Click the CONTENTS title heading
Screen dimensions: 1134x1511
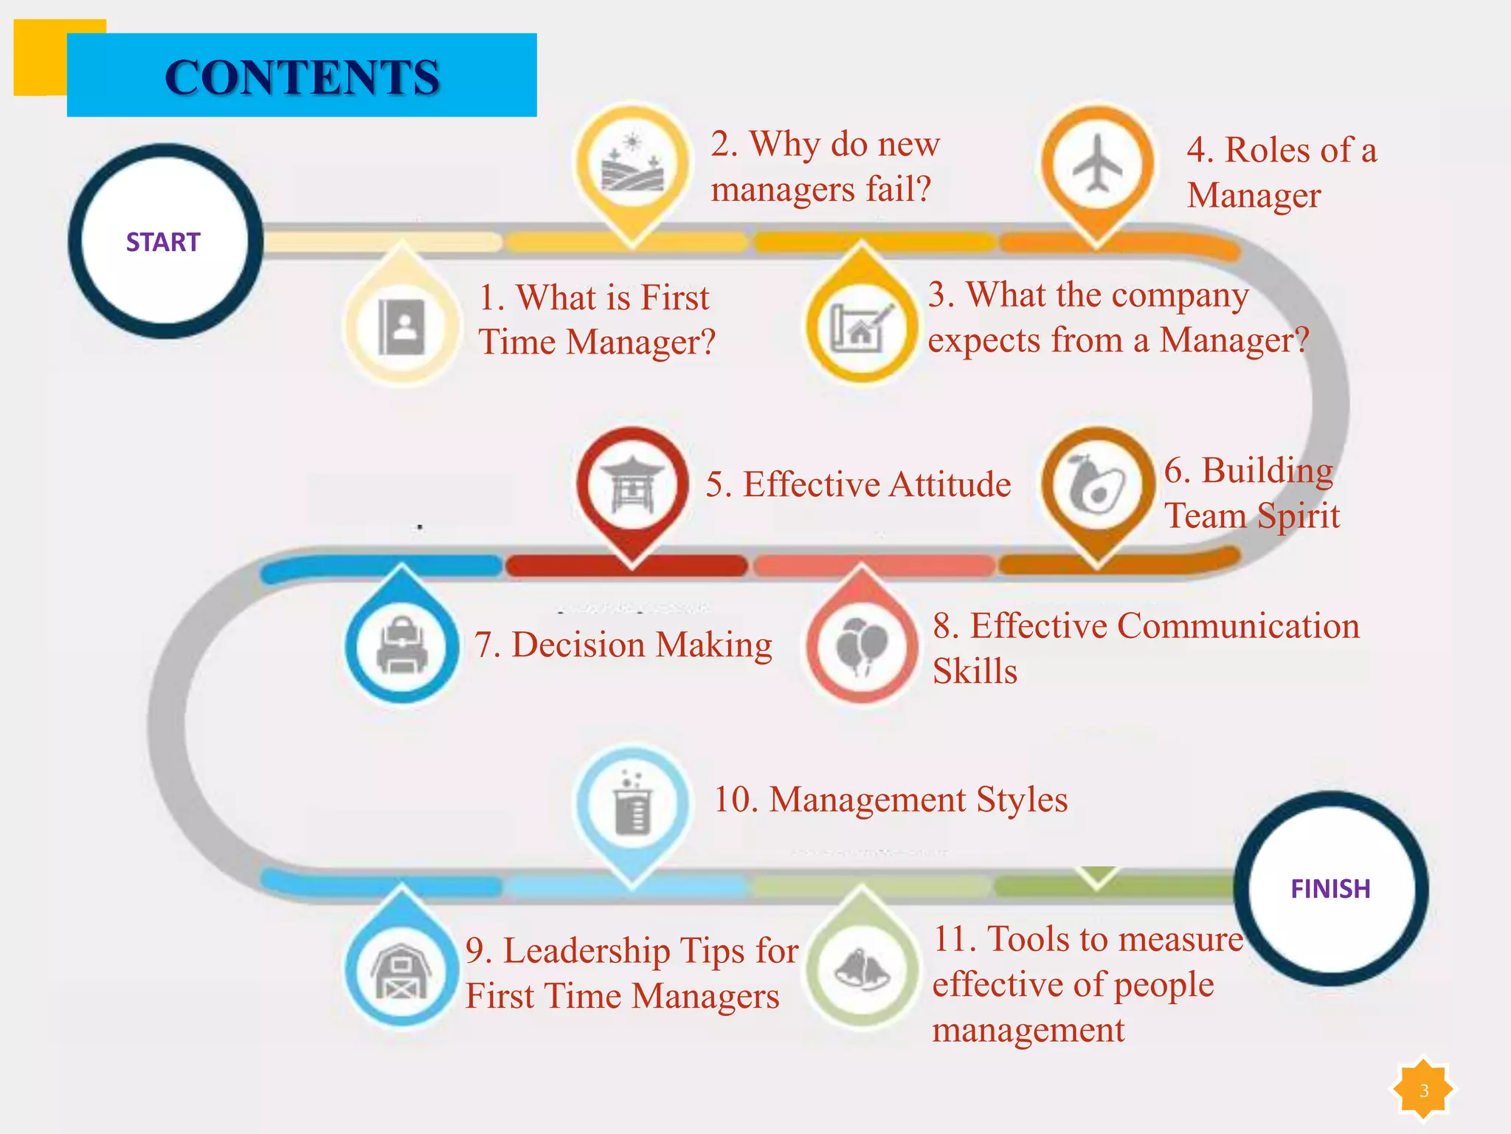302,77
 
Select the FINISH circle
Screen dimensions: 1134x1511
1330,888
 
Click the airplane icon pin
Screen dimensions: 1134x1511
1097,163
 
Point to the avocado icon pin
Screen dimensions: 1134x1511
1097,485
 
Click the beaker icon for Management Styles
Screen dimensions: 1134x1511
632,804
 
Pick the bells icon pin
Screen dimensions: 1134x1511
861,969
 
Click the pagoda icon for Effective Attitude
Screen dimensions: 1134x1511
632,485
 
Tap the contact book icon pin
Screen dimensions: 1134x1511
402,327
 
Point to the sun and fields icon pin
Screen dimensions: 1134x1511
632,163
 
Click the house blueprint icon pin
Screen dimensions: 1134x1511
861,326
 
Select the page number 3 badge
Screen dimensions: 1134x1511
1423,1090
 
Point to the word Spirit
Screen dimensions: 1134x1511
1298,515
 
